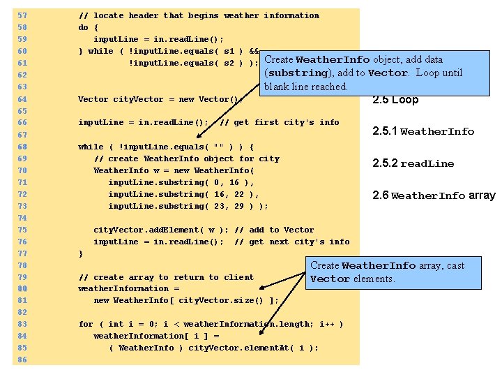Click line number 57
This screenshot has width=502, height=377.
pyautogui.click(x=22, y=15)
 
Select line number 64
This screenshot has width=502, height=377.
pyautogui.click(x=22, y=99)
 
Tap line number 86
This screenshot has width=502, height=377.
pyautogui.click(x=22, y=360)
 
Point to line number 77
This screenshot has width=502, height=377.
pyautogui.click(x=22, y=253)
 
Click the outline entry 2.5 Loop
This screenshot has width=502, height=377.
pyautogui.click(x=395, y=100)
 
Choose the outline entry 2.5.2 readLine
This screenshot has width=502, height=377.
pyautogui.click(x=413, y=163)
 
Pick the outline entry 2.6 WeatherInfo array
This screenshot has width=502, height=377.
pyautogui.click(x=434, y=195)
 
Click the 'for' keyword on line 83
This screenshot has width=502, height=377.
pyautogui.click(x=86, y=324)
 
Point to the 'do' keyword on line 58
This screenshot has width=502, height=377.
pyautogui.click(x=83, y=27)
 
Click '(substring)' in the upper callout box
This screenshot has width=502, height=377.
pyautogui.click(x=296, y=73)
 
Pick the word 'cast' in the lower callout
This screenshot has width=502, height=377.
pyautogui.click(x=452, y=265)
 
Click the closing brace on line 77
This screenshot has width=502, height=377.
pyautogui.click(x=80, y=253)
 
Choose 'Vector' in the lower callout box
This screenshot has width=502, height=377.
pyautogui.click(x=330, y=279)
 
